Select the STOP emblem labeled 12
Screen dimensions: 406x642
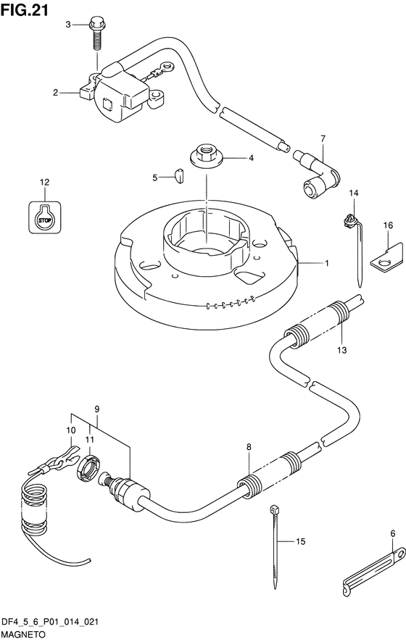tap(45, 217)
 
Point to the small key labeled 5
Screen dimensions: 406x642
tap(179, 176)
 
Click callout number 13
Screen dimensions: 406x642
tap(341, 350)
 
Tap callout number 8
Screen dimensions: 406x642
tap(249, 448)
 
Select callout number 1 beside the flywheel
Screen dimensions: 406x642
tap(326, 263)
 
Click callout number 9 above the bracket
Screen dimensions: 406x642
tap(96, 409)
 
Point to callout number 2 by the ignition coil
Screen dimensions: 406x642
tap(55, 93)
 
